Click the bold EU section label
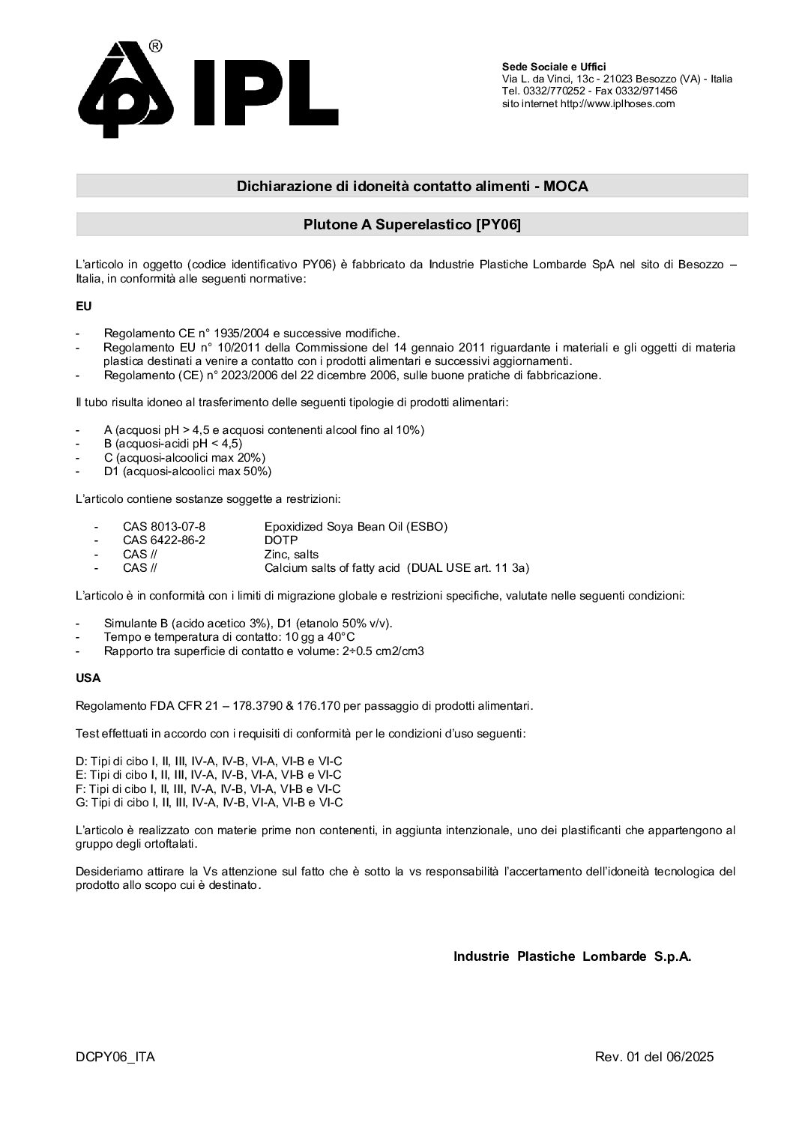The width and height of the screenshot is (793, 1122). coord(83,307)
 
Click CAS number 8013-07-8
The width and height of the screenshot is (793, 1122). coord(164,526)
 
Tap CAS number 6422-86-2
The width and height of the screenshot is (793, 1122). coord(164,540)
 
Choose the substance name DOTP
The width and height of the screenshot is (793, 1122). coord(281,540)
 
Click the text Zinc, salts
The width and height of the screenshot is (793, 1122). coord(291,554)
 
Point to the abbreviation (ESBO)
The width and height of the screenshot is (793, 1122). coord(426,526)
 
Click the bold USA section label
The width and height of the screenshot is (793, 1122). coord(88,678)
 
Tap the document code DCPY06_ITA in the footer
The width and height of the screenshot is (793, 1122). coord(115,1057)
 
